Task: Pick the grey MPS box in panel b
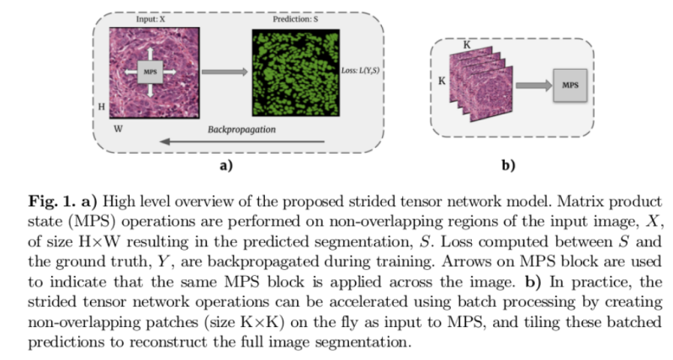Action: pyautogui.click(x=570, y=86)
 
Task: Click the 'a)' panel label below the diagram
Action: pyautogui.click(x=225, y=166)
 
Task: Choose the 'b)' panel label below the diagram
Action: pyautogui.click(x=508, y=166)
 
